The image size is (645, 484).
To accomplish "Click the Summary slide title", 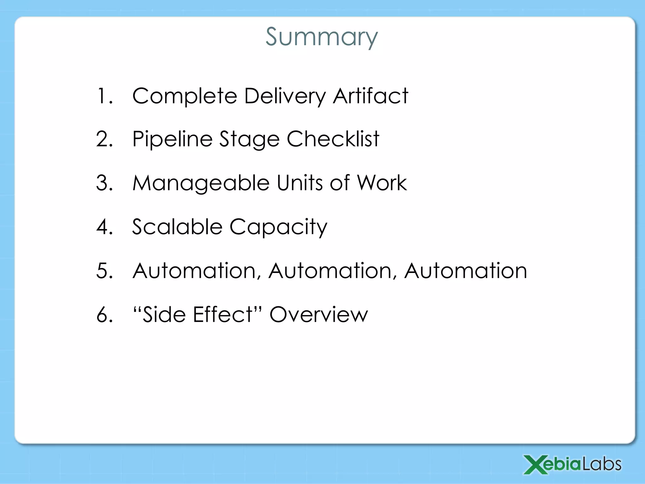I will (322, 37).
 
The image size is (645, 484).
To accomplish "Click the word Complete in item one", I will (185, 96).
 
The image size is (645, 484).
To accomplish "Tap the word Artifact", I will (370, 96).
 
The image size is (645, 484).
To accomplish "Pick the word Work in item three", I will (382, 183).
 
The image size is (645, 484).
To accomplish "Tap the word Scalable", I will (177, 227).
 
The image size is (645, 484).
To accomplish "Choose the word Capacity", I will (278, 227).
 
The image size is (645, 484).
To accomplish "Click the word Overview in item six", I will (318, 314).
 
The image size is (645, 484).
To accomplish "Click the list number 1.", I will (104, 96).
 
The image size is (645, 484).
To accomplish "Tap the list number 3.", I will (104, 183).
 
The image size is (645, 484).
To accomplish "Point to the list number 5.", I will (104, 271).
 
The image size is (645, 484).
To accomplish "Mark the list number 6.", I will (104, 314).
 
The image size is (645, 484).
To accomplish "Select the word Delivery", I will (285, 96).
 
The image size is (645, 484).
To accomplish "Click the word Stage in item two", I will (249, 139).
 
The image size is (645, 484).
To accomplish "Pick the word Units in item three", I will (300, 183).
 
